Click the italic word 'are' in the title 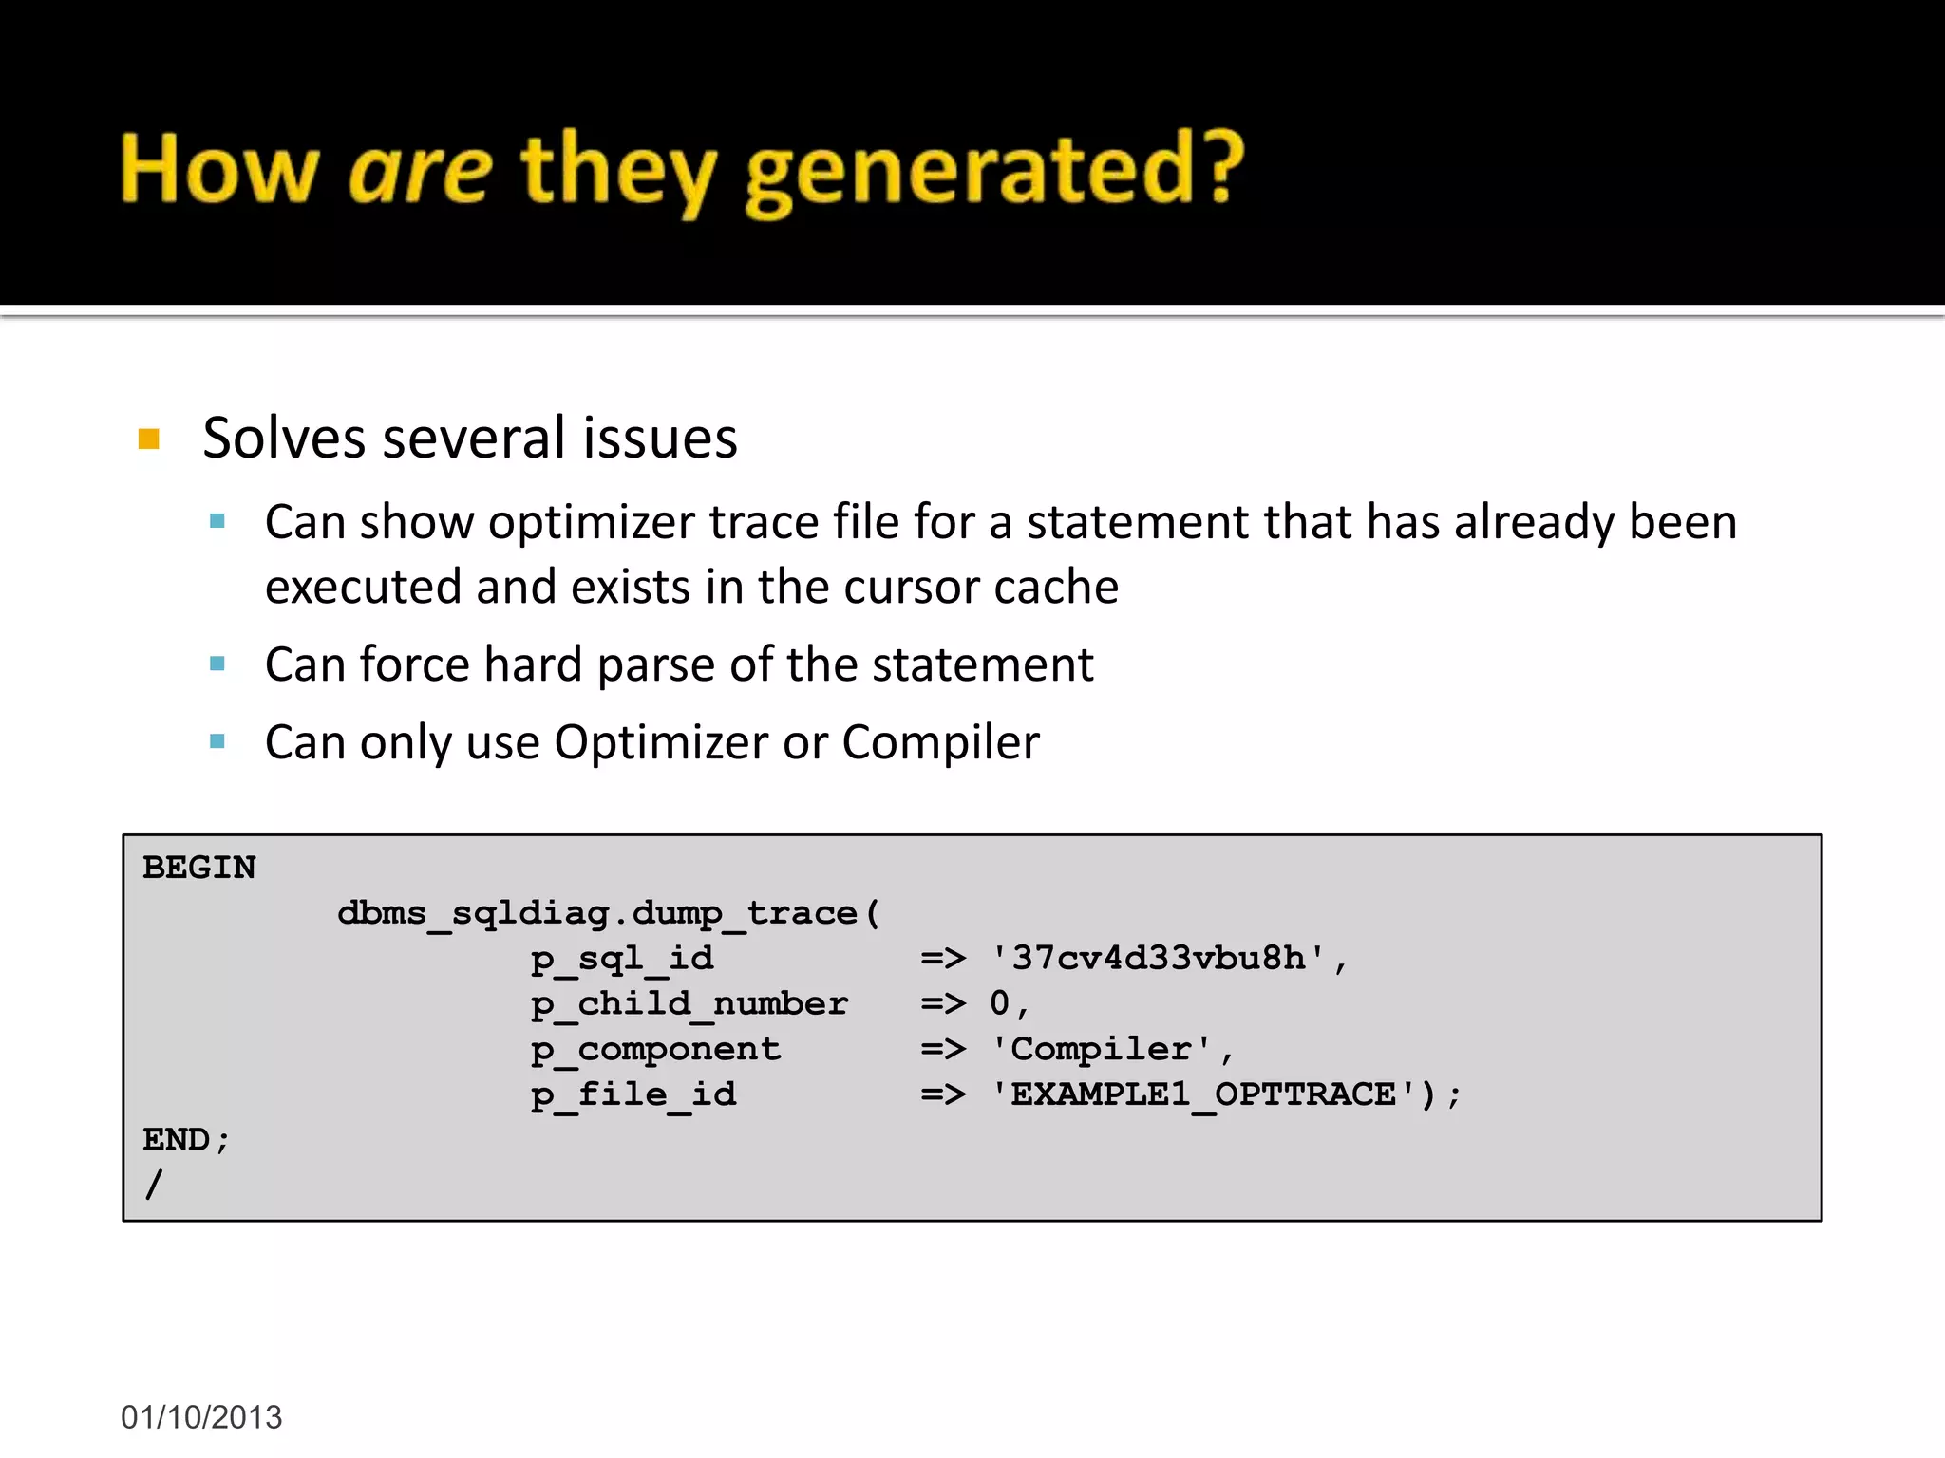pos(419,171)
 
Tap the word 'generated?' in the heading pos(993,173)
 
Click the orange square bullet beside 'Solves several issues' pos(149,439)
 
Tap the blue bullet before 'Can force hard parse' pos(217,664)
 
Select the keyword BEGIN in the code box pos(199,868)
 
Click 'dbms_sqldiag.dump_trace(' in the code pos(609,913)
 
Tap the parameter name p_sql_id pos(622,959)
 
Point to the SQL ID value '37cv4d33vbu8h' pos(1159,959)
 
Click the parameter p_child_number pos(689,1004)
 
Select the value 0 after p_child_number pos(999,1003)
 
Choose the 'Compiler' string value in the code pos(1102,1049)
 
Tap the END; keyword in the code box pos(185,1140)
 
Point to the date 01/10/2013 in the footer pos(201,1417)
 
